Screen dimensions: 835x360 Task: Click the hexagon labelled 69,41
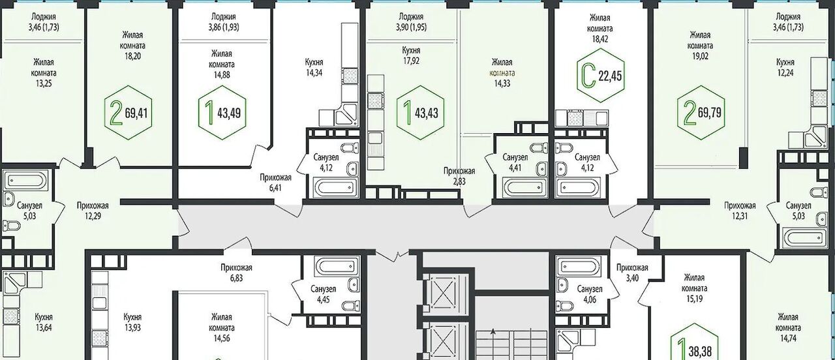[129, 113]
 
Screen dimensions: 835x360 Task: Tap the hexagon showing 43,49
[222, 113]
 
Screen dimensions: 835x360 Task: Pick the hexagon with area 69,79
[701, 113]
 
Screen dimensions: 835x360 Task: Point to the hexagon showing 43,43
[421, 113]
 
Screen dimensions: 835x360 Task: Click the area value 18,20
[132, 56]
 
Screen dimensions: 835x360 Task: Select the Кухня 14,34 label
[314, 67]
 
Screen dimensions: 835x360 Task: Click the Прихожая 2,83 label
[459, 176]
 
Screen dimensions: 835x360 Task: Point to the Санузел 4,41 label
[515, 162]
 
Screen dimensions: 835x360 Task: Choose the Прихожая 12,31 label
[740, 211]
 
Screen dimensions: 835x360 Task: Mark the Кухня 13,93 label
[132, 322]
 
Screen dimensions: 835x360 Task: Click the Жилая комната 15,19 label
[694, 288]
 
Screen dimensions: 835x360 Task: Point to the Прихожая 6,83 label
[236, 273]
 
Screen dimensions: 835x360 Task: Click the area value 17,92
[411, 61]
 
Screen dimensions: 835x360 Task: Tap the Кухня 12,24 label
[785, 67]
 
